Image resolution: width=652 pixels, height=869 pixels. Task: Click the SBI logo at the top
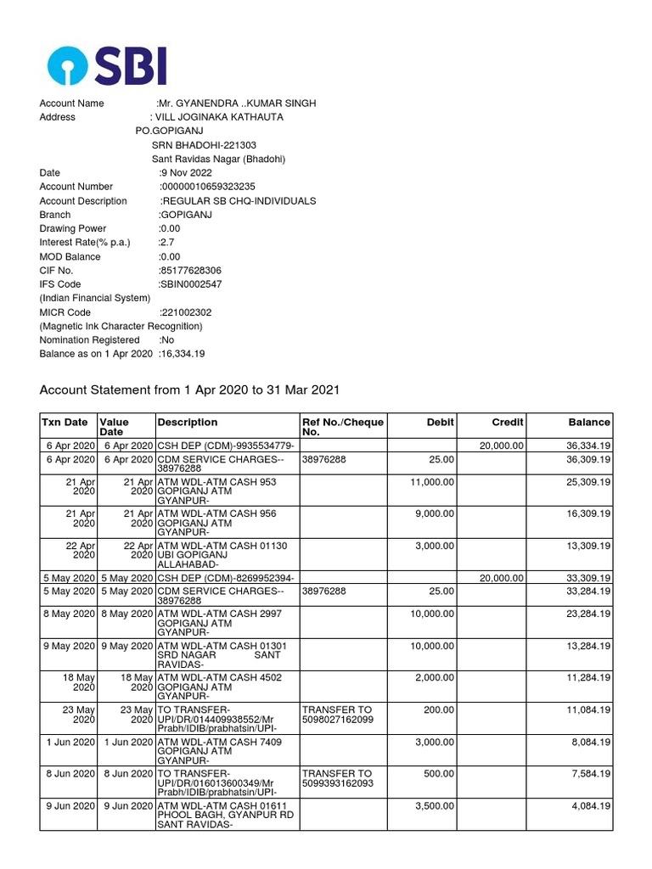pyautogui.click(x=107, y=66)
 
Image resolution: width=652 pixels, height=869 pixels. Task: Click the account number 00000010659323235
pyautogui.click(x=208, y=187)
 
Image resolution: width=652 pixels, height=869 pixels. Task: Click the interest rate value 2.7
pyautogui.click(x=166, y=243)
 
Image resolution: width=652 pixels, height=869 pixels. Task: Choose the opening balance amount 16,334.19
pyautogui.click(x=182, y=354)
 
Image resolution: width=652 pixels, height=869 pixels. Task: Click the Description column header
pyautogui.click(x=188, y=422)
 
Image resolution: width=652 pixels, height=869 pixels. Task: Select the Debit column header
pyautogui.click(x=440, y=422)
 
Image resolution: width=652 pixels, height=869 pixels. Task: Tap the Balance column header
pyautogui.click(x=588, y=422)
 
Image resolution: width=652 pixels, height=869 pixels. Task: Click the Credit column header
pyautogui.click(x=508, y=422)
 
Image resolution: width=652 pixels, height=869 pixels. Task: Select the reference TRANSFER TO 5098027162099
pyautogui.click(x=338, y=715)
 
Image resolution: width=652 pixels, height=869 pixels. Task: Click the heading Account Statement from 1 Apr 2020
pyautogui.click(x=190, y=390)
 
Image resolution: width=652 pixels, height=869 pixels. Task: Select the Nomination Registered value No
pyautogui.click(x=166, y=340)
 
